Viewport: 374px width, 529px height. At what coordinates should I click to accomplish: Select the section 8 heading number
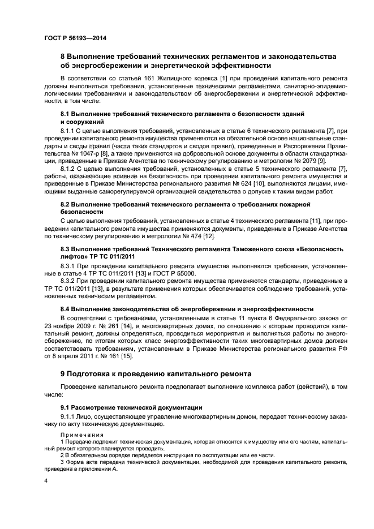coord(63,56)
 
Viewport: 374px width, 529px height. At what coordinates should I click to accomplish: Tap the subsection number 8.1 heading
coord(65,114)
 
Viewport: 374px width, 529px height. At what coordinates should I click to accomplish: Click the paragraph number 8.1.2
coord(68,168)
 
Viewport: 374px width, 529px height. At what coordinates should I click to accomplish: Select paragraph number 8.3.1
coord(68,265)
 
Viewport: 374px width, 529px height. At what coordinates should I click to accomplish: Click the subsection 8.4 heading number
coord(65,309)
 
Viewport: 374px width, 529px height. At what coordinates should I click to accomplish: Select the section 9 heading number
coord(63,375)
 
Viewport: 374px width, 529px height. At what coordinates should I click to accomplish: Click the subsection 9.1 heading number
coord(65,407)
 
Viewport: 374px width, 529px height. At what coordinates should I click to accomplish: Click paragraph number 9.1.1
coord(68,416)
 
